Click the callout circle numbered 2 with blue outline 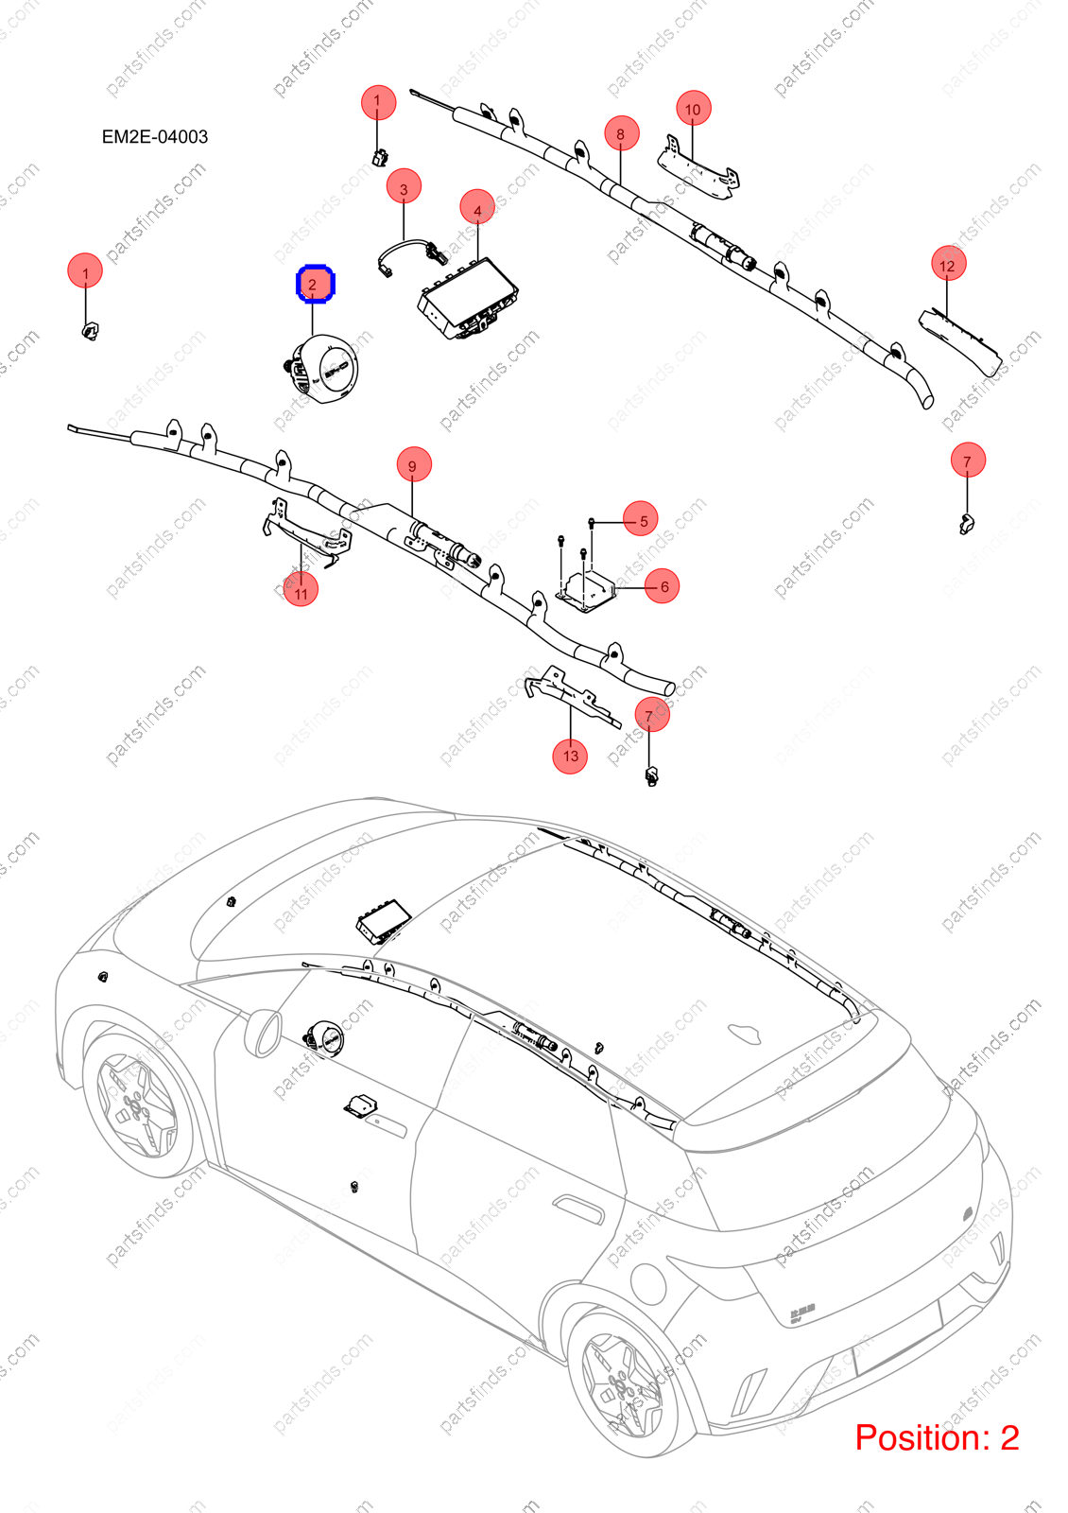(x=316, y=284)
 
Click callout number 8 (x=620, y=133)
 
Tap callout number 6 (x=662, y=585)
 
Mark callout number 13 (x=570, y=756)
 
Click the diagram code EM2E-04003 (x=155, y=136)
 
